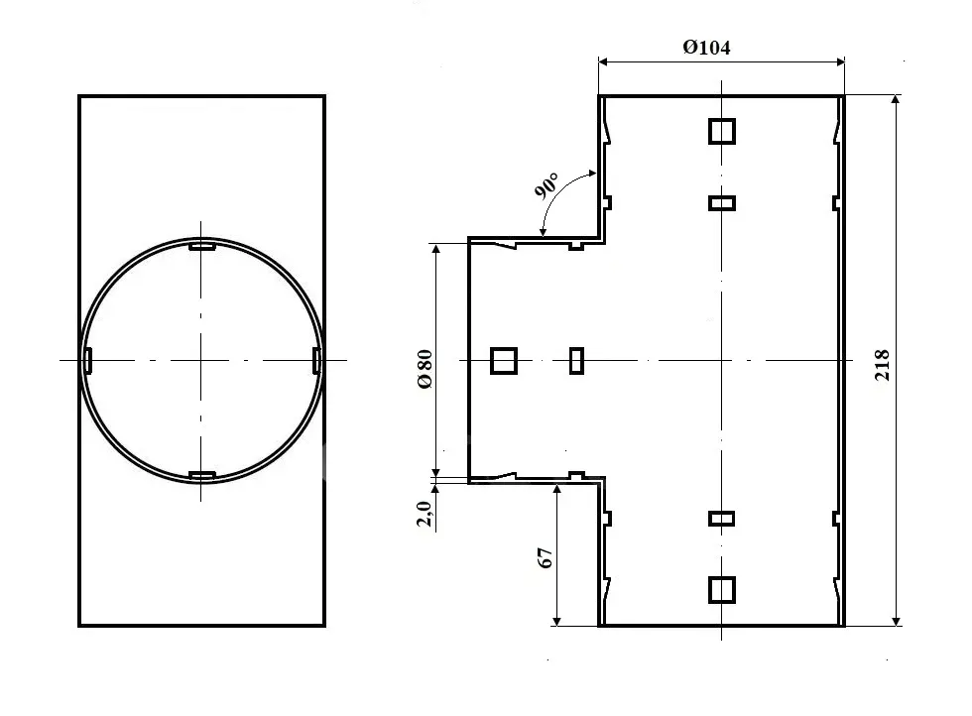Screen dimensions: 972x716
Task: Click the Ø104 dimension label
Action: pyautogui.click(x=706, y=48)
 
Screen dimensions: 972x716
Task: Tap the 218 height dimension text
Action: pyautogui.click(x=882, y=365)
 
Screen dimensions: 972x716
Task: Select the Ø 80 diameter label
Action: pyautogui.click(x=425, y=370)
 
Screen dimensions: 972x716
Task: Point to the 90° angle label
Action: pyautogui.click(x=547, y=185)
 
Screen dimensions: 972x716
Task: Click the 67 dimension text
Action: pyautogui.click(x=546, y=558)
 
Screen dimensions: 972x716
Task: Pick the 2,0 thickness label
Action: pyautogui.click(x=425, y=514)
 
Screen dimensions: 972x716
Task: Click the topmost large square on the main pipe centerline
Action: pyautogui.click(x=722, y=132)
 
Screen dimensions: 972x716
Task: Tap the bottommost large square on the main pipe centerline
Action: pyautogui.click(x=722, y=589)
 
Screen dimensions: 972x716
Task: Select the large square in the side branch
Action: pyautogui.click(x=504, y=361)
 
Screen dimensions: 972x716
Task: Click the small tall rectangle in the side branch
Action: pyautogui.click(x=576, y=361)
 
